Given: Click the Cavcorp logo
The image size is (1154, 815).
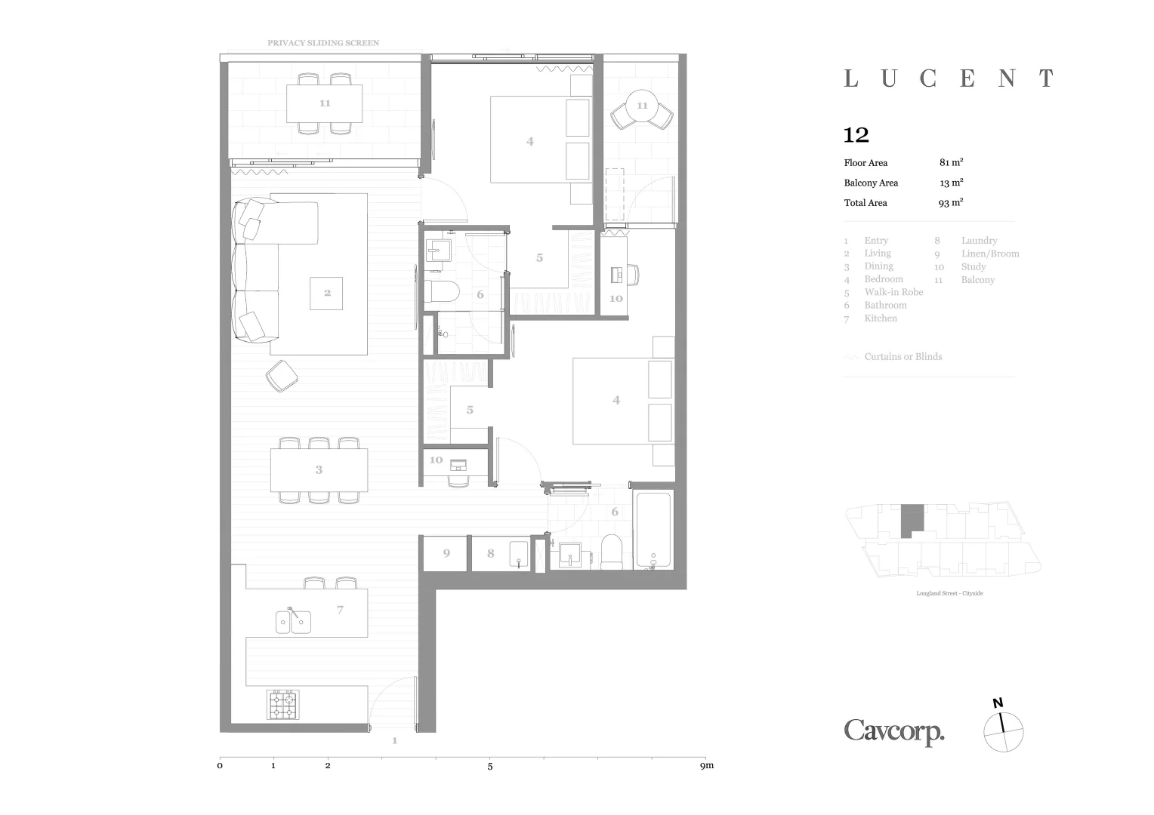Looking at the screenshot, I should click(x=894, y=731).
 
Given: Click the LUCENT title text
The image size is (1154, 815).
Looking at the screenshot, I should click(x=949, y=78).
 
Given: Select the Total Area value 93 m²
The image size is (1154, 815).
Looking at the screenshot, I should click(x=951, y=202).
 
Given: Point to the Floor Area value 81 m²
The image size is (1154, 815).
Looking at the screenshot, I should click(x=951, y=162).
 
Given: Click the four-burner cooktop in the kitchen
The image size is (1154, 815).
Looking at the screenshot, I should click(x=283, y=704).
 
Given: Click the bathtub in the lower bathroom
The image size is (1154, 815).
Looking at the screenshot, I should click(x=653, y=530).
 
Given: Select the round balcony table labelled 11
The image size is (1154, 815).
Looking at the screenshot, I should click(x=642, y=106).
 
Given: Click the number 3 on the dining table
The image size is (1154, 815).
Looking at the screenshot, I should click(x=319, y=469).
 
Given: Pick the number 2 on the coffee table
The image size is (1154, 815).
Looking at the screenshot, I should click(x=327, y=293).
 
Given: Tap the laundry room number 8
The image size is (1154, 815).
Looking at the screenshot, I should click(x=490, y=553).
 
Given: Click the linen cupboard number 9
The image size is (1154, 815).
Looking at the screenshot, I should click(x=446, y=553).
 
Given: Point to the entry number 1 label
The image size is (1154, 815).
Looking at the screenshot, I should click(x=394, y=740).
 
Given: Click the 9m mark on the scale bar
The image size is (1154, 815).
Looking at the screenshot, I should click(x=706, y=766).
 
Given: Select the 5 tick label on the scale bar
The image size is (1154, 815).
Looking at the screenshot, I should click(x=490, y=766).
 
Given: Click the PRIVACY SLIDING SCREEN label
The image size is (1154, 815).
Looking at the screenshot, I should click(x=323, y=43).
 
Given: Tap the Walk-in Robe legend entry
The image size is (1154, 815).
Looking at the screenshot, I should click(x=893, y=292).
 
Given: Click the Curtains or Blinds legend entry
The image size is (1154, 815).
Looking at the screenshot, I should click(x=903, y=356).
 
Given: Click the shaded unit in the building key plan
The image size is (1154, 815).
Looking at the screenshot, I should click(x=912, y=521).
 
